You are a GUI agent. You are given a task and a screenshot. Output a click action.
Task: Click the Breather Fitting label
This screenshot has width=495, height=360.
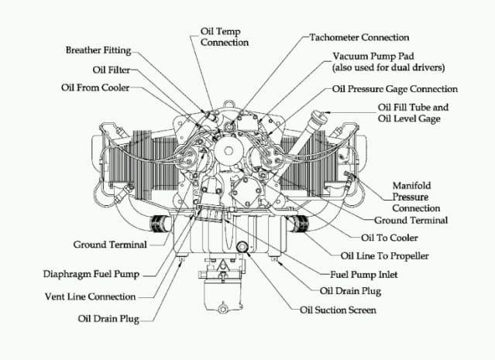(x=98, y=50)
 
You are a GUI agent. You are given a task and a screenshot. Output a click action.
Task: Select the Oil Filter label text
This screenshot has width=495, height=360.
(x=112, y=70)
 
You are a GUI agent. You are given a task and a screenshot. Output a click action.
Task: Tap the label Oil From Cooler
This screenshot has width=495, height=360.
(x=95, y=87)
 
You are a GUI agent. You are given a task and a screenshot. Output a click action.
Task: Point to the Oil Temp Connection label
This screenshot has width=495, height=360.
(x=225, y=36)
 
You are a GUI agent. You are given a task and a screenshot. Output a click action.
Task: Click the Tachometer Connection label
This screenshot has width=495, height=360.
(x=359, y=37)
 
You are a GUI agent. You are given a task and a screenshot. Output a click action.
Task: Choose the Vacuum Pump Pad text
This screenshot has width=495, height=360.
(x=373, y=57)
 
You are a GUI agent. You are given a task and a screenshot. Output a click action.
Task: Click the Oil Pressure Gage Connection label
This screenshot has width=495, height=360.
(x=394, y=89)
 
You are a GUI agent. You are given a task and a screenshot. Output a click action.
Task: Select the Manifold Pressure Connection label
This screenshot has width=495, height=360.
(x=416, y=197)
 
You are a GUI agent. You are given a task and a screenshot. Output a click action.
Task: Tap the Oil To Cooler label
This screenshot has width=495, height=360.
(x=390, y=238)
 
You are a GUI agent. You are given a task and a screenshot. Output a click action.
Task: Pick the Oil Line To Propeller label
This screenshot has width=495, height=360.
(x=384, y=256)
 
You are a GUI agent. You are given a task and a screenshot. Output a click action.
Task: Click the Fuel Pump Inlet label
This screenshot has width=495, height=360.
(x=363, y=275)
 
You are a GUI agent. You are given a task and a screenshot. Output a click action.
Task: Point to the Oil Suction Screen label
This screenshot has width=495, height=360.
(x=338, y=310)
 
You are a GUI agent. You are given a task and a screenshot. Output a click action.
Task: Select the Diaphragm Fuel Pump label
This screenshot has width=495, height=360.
(x=91, y=274)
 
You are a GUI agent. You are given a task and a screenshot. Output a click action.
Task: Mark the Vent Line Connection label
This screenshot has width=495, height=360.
(x=91, y=297)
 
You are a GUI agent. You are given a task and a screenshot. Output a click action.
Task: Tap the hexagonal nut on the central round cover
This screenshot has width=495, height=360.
(x=229, y=150)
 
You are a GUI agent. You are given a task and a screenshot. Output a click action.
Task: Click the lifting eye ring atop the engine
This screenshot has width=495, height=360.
(x=229, y=104)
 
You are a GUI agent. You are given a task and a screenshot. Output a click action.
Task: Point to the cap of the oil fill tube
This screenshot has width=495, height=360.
(x=319, y=117)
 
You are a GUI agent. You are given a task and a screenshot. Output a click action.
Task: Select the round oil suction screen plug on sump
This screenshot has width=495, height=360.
(x=242, y=246)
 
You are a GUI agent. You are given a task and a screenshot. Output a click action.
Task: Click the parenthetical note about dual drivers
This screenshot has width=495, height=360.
(x=388, y=67)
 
